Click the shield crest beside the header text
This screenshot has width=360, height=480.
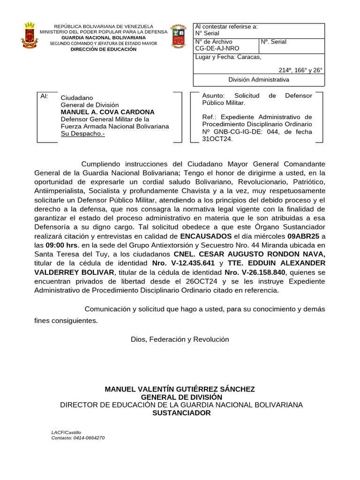[x=178, y=36]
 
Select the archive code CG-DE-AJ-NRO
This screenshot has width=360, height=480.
[x=217, y=48]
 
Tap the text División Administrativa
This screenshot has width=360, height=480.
[x=258, y=80]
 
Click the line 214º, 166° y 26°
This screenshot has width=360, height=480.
[x=300, y=70]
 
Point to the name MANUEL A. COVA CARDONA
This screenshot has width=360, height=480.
[x=107, y=112]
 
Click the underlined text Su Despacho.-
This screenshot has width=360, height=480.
[x=83, y=134]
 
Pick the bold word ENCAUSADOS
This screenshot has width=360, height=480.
[x=206, y=236]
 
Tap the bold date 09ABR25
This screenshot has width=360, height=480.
[x=304, y=236]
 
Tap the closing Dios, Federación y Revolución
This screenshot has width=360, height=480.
[x=180, y=339]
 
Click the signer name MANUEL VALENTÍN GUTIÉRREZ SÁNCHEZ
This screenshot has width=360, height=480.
[x=180, y=389]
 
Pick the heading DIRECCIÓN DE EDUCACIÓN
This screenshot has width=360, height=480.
[x=104, y=49]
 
